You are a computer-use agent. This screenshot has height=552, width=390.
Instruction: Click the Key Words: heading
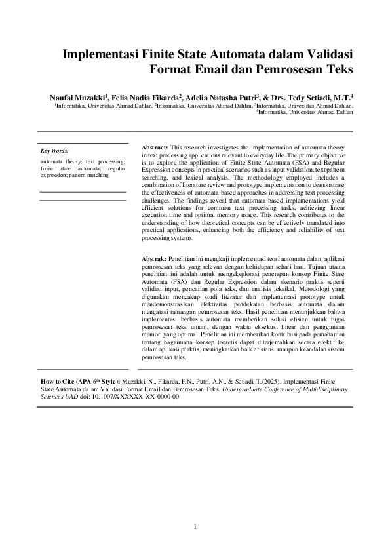coord(54,151)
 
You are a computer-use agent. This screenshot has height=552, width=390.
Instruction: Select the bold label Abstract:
coord(155,148)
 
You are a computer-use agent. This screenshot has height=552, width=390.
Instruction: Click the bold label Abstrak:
coord(154,260)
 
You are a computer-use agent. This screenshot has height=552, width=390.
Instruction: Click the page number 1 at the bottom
coord(195,528)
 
